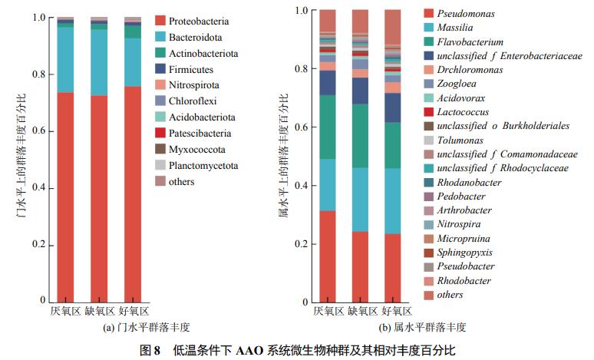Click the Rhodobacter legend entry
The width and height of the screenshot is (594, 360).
pyautogui.click(x=463, y=280)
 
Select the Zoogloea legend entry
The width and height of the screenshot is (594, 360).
pyautogui.click(x=457, y=84)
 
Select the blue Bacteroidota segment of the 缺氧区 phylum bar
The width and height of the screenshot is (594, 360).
pyautogui.click(x=99, y=62)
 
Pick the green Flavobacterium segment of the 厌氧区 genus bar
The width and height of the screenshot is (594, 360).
pyautogui.click(x=328, y=127)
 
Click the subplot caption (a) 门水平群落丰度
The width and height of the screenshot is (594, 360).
pyautogui.click(x=102, y=327)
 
